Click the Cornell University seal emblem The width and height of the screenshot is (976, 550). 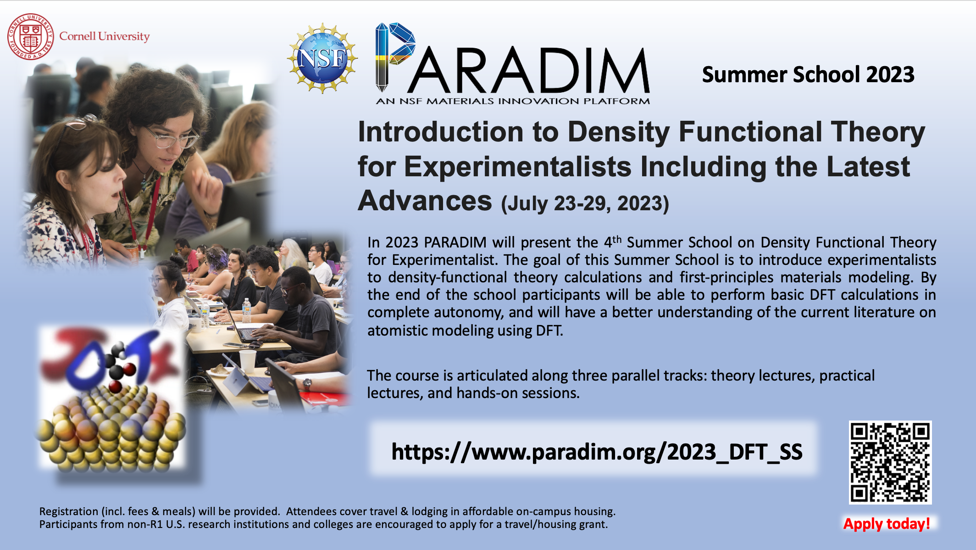point(30,37)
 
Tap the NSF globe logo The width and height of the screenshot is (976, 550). point(322,58)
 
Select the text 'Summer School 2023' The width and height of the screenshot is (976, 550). point(808,74)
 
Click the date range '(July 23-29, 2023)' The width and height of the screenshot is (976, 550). point(585,203)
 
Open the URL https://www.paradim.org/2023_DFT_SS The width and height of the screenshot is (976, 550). point(596,452)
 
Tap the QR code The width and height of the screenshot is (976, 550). point(890,462)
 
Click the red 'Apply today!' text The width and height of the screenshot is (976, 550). point(886,524)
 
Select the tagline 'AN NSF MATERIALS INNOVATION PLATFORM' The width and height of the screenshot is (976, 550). point(512,101)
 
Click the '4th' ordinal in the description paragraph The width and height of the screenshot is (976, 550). point(612,241)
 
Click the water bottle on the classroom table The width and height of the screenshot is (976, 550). point(246,310)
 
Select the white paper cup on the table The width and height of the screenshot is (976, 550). point(248,361)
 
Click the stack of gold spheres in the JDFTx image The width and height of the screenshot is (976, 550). point(112,429)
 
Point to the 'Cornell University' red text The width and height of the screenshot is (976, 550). point(105,36)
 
